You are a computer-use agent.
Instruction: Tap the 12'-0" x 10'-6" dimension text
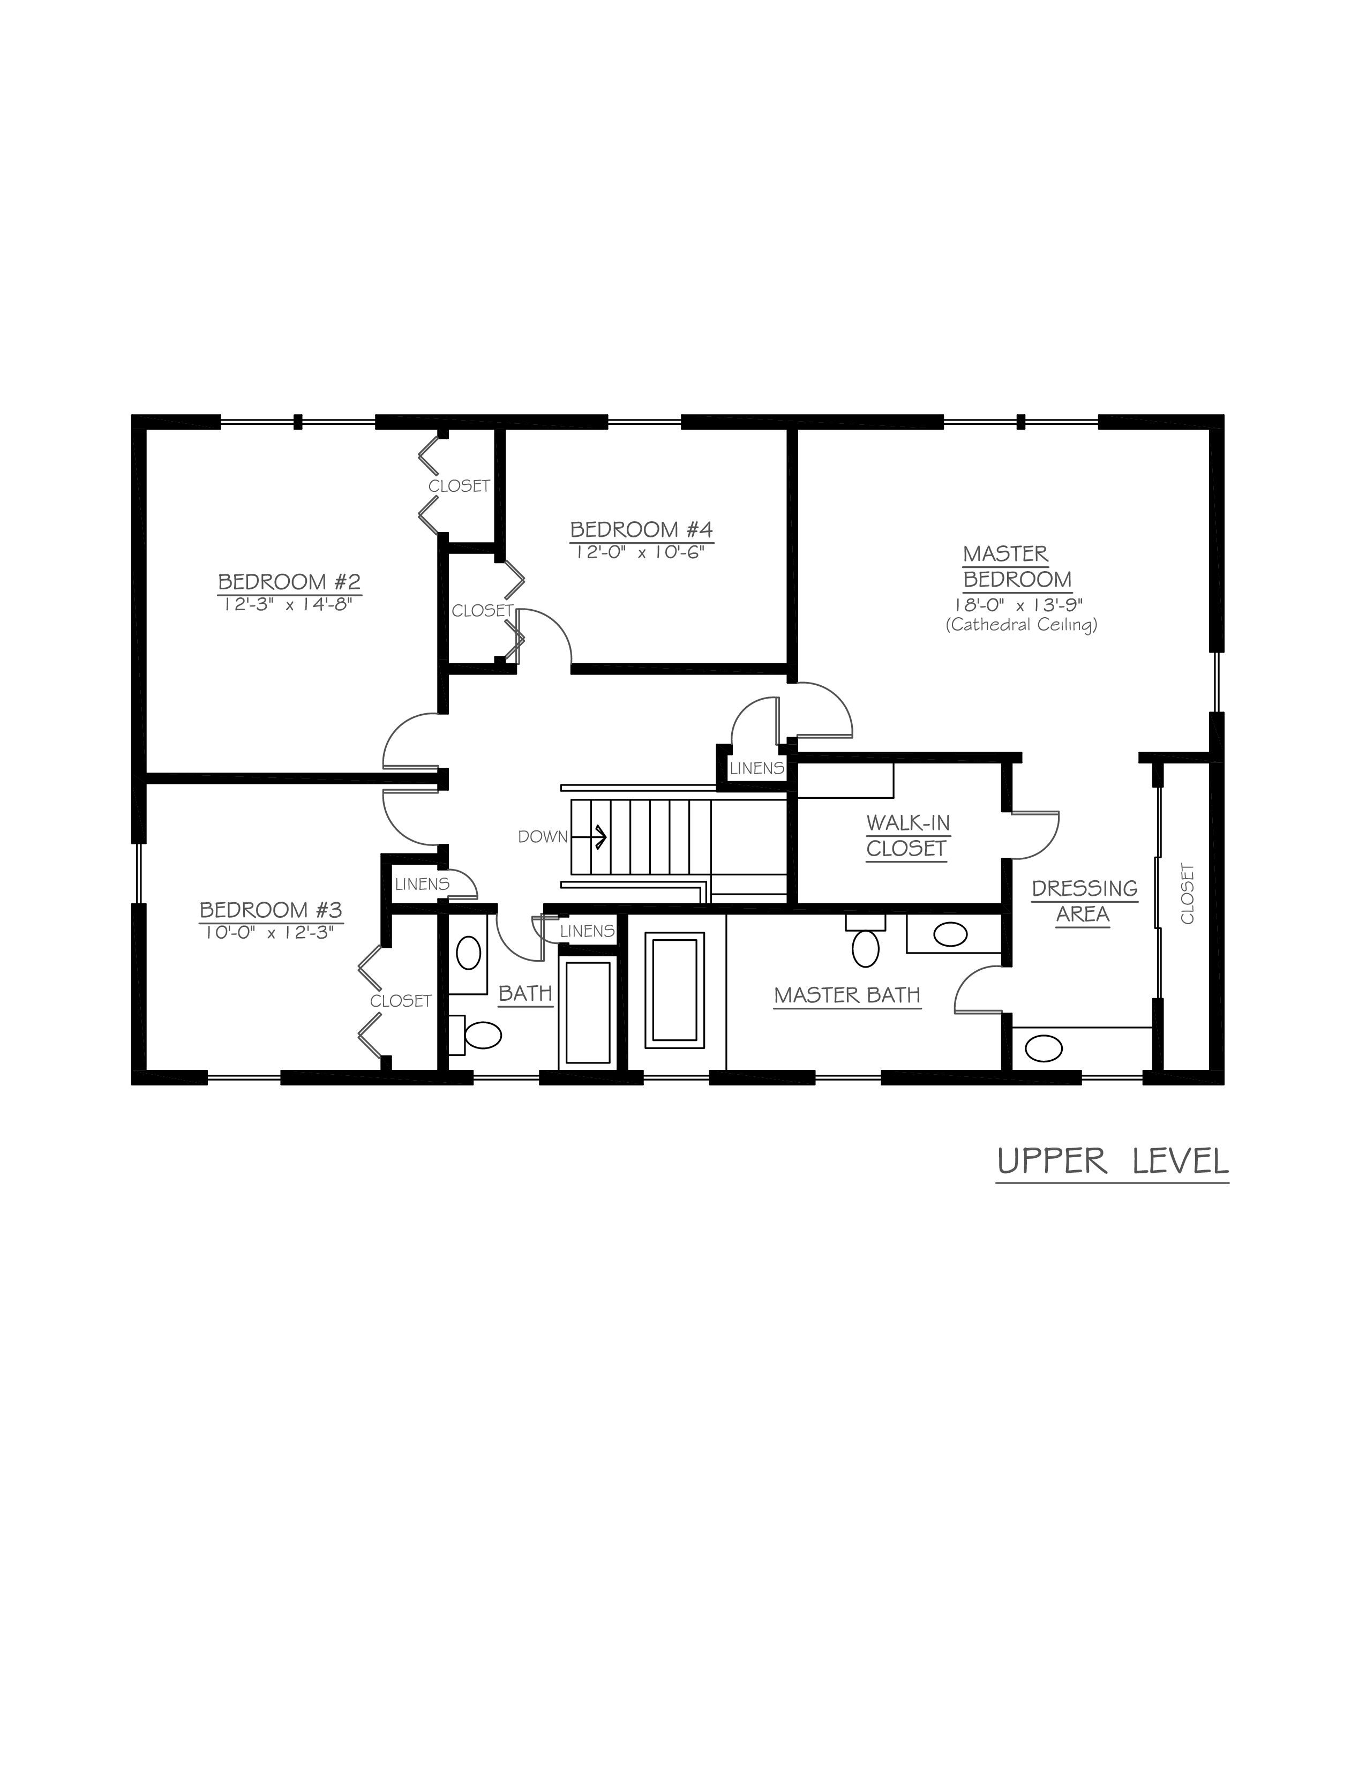point(641,552)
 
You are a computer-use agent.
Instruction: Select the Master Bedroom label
point(1017,567)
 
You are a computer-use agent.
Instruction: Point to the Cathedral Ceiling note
point(1021,625)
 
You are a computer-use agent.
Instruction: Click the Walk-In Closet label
point(907,835)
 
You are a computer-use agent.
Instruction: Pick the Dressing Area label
point(1084,901)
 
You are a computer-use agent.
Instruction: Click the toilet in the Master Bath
point(866,941)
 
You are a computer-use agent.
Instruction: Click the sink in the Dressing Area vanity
point(1043,1049)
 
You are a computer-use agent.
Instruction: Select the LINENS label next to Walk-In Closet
point(756,768)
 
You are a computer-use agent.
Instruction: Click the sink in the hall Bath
point(469,953)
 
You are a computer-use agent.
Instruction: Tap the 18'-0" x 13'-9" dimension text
point(1017,605)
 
